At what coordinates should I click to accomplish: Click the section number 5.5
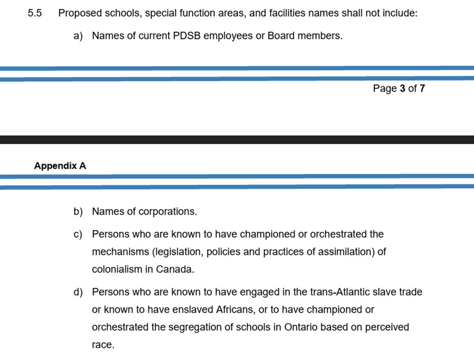click(34, 14)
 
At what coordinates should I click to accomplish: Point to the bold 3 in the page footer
click(402, 89)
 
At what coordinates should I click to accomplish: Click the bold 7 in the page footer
click(422, 89)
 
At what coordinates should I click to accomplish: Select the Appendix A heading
click(60, 166)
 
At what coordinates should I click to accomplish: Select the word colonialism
click(117, 270)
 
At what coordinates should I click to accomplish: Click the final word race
click(103, 345)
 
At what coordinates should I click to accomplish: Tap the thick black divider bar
click(237, 140)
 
